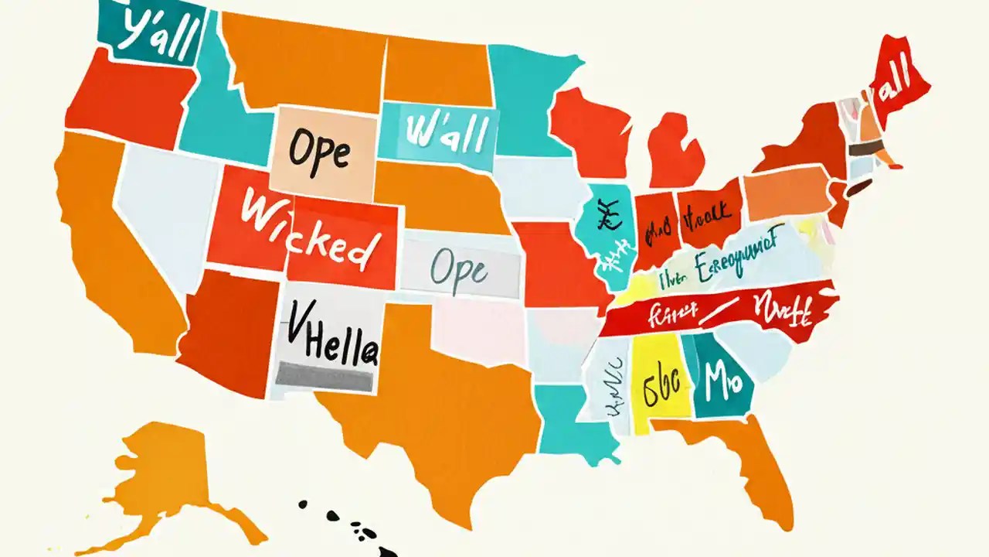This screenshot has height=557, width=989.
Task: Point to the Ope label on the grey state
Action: (459, 268)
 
